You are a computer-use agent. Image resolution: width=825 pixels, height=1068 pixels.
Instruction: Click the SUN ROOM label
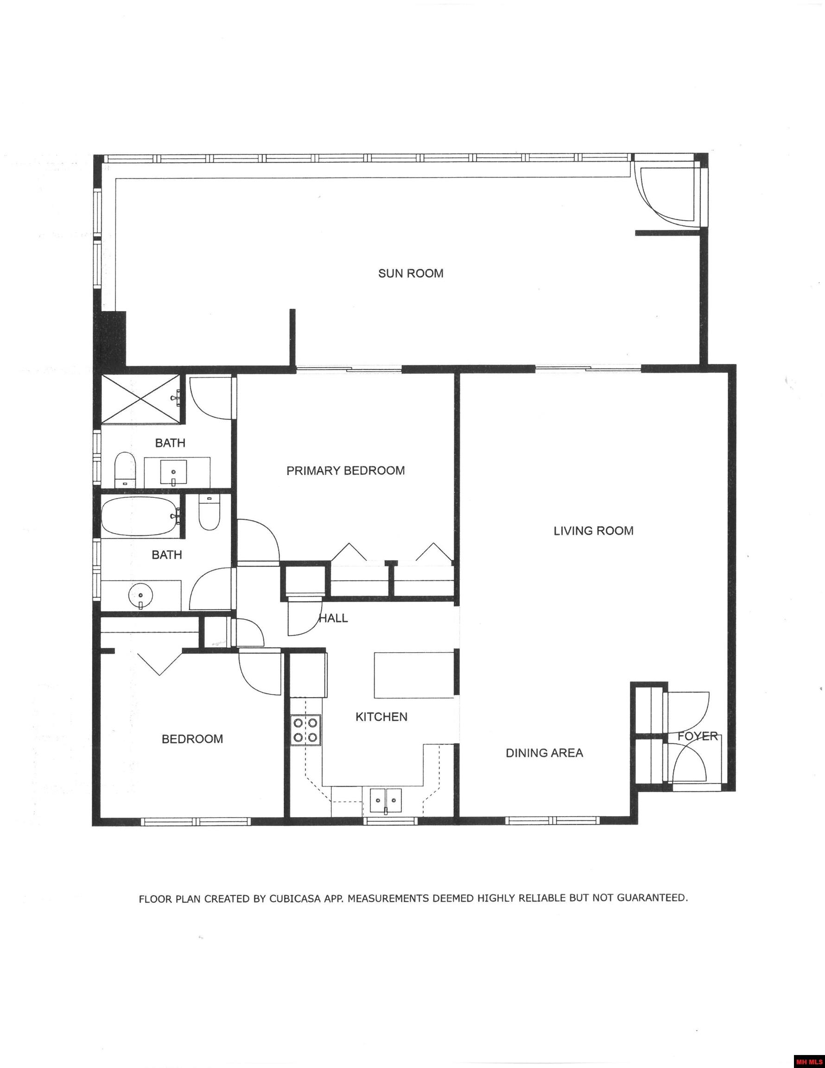tap(410, 273)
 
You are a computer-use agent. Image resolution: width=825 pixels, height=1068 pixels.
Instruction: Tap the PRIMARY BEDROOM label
tap(345, 470)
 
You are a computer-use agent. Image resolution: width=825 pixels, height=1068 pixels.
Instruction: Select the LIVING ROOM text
tap(593, 531)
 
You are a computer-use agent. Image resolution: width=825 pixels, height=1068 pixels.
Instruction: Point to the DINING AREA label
tap(544, 753)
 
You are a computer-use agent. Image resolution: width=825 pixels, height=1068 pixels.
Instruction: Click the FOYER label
tap(698, 736)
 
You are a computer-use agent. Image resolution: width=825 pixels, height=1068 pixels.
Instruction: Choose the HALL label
tap(334, 618)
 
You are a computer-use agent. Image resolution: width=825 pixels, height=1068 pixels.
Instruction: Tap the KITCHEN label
tap(381, 717)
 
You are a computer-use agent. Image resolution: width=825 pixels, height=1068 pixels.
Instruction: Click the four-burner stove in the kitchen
tap(305, 730)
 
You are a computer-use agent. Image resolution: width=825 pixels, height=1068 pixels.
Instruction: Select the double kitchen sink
tap(385, 801)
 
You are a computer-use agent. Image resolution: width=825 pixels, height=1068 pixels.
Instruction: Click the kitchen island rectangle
tap(414, 675)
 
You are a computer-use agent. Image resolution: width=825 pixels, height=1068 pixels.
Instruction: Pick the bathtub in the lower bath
tap(140, 516)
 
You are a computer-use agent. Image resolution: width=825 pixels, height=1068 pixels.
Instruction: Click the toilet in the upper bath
tap(125, 470)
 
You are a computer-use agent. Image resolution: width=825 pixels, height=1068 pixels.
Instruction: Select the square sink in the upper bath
tap(173, 472)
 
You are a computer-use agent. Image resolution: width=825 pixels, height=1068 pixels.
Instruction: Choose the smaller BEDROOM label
tap(192, 739)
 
